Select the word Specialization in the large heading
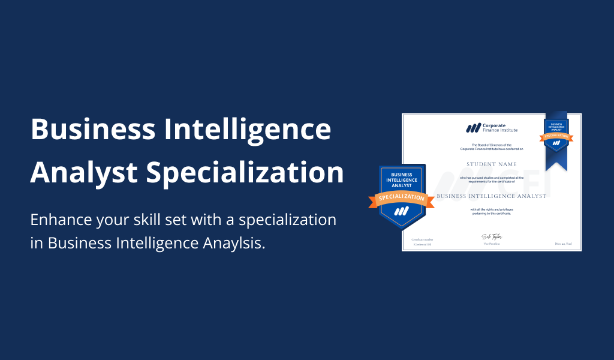tap(245, 173)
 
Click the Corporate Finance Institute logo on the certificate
tap(492, 128)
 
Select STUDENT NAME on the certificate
tap(491, 163)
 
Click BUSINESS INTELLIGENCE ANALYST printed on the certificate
tap(491, 196)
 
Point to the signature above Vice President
tap(491, 237)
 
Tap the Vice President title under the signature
tap(491, 244)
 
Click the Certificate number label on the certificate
tap(421, 240)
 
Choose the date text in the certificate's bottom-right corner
tap(564, 244)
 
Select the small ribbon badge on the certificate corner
tap(556, 133)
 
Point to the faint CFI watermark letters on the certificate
tap(516, 183)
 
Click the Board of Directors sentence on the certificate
tap(491, 147)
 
